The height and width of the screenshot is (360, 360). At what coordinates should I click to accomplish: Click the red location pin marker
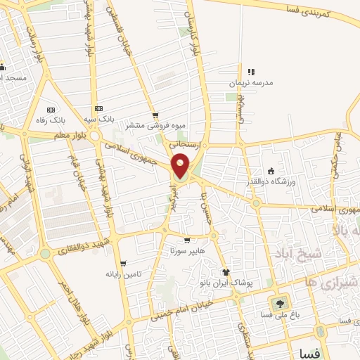coord(181,167)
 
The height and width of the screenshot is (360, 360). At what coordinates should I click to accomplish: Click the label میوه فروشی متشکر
coord(155,126)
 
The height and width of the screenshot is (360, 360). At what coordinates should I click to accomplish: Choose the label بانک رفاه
coord(51,121)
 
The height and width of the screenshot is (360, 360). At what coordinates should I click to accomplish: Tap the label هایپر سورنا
coord(186,250)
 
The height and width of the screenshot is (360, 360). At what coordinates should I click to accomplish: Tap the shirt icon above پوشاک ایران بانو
coord(226,272)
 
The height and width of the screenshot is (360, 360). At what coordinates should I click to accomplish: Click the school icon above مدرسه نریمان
coord(251,71)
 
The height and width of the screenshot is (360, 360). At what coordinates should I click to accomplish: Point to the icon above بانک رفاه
coord(51,110)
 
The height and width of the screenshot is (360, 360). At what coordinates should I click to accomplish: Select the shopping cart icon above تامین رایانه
coord(122,263)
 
